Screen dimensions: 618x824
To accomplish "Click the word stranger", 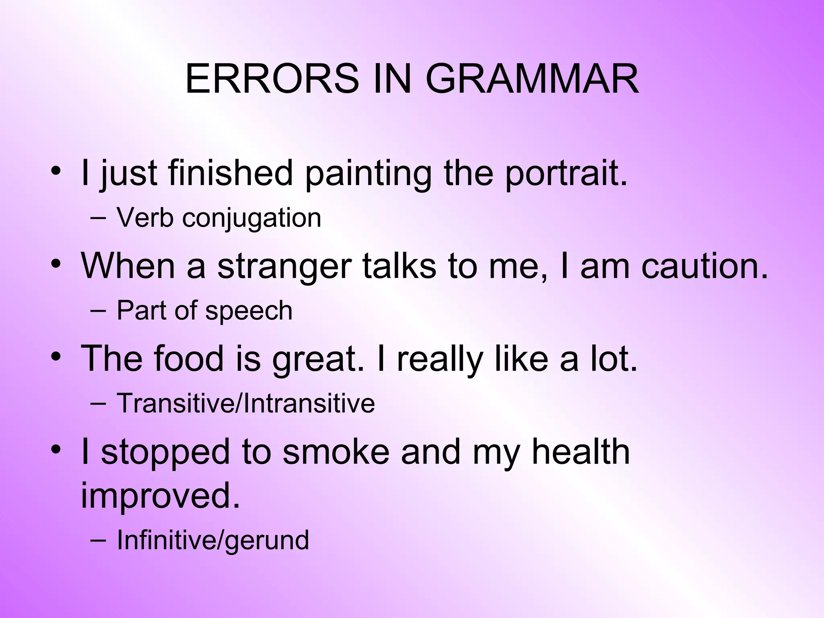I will pyautogui.click(x=284, y=266).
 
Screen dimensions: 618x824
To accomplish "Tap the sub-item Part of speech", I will pyautogui.click(x=204, y=311).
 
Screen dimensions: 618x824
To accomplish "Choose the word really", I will pyautogui.click(x=440, y=359).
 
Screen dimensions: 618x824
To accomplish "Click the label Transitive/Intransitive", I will pyautogui.click(x=245, y=404).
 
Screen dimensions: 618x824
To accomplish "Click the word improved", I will pyautogui.click(x=160, y=496).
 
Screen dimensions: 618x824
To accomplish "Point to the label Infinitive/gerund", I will pyautogui.click(x=213, y=540).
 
